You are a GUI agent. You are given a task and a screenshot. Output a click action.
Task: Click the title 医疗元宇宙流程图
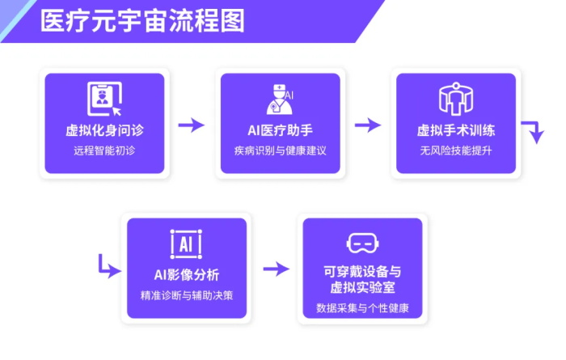tap(142, 21)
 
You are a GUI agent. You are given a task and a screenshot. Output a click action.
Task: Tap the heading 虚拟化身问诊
tap(104, 130)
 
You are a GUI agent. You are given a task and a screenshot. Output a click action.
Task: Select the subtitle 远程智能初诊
tap(104, 150)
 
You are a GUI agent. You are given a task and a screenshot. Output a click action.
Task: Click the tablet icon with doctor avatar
tap(104, 99)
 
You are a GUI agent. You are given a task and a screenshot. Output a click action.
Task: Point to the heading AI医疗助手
tap(280, 130)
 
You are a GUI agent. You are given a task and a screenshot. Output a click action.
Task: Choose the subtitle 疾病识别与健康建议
tap(280, 150)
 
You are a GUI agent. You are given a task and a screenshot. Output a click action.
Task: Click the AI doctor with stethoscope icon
tap(280, 100)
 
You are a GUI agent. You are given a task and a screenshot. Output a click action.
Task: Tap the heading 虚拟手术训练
tap(456, 130)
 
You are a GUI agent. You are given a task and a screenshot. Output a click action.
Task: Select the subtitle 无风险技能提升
tap(456, 150)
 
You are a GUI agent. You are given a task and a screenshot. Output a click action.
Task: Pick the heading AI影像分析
tap(187, 275)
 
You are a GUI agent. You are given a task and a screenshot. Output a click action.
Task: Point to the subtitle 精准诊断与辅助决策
tap(187, 295)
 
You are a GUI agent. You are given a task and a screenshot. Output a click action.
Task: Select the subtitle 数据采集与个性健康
tap(362, 308)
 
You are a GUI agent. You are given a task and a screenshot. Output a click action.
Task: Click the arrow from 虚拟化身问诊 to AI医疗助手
tap(192, 125)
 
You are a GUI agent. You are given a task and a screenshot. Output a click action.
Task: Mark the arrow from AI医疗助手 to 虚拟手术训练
tap(368, 125)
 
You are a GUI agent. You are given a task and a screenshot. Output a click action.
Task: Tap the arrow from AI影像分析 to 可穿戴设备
tap(277, 269)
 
